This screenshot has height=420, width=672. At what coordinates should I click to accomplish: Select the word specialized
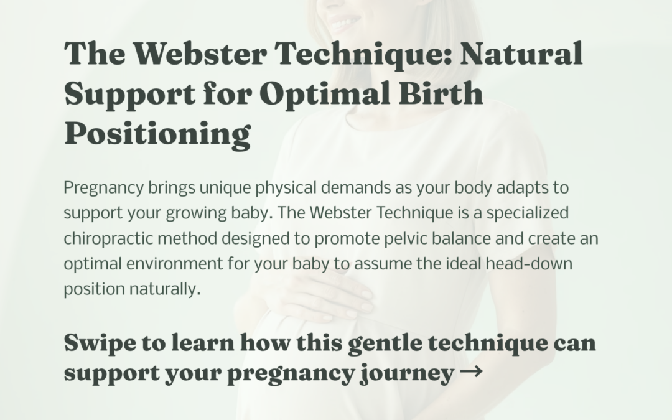pos(528,213)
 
